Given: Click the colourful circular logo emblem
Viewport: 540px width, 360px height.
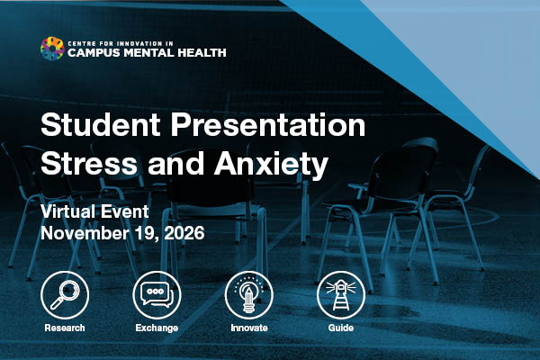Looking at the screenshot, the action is coord(52,49).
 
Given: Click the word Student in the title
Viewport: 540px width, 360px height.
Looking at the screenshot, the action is coord(101,124).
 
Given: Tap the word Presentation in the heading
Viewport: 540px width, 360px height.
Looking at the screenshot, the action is coord(268,124).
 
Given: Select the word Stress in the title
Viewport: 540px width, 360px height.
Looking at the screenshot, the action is coord(89,163).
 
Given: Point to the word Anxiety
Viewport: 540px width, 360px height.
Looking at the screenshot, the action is coord(271,165).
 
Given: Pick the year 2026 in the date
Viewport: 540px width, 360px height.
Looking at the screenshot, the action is coord(184,233).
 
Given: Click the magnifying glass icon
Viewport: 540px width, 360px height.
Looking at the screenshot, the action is coord(65,295).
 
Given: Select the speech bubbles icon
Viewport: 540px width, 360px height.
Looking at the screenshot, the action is coord(157,295).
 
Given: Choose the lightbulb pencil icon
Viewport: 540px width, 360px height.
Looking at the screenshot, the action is coord(249,295).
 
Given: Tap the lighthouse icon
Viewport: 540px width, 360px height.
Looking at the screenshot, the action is coord(341,295).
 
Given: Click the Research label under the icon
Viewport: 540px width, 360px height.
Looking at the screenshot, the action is coord(65,328).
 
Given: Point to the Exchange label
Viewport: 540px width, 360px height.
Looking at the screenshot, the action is coord(157,328).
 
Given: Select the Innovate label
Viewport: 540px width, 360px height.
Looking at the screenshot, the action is coord(249,328).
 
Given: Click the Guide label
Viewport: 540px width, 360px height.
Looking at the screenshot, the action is coord(341,328).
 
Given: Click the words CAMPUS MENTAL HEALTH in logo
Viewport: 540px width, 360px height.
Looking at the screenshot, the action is coord(147,53).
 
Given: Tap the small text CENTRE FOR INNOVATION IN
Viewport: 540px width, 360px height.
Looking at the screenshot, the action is coord(121,43).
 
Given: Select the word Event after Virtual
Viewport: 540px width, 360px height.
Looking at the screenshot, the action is coord(121,211).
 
